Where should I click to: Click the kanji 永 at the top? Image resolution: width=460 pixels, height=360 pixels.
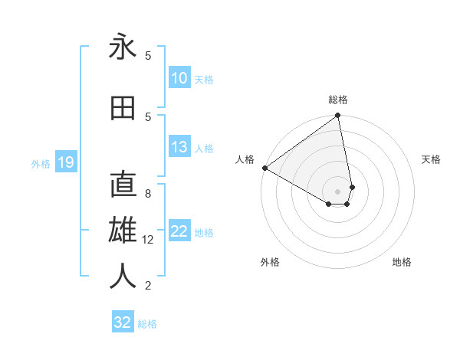pyautogui.click(x=123, y=47)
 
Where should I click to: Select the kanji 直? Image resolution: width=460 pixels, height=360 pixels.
pyautogui.click(x=123, y=185)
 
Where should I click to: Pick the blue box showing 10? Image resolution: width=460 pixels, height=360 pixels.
pyautogui.click(x=179, y=78)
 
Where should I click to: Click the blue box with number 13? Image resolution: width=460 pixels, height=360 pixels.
pyautogui.click(x=179, y=147)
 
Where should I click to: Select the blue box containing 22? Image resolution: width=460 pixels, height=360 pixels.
pyautogui.click(x=179, y=231)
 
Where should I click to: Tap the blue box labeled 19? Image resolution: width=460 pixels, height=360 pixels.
pyautogui.click(x=65, y=162)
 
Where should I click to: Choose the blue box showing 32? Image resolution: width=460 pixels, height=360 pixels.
pyautogui.click(x=123, y=322)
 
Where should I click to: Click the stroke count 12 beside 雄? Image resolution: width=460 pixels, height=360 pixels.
pyautogui.click(x=148, y=240)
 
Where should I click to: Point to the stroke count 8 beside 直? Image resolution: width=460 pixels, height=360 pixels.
pyautogui.click(x=148, y=194)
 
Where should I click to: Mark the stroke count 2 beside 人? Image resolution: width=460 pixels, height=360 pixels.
pyautogui.click(x=148, y=286)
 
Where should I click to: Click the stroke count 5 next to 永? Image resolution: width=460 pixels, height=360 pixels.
pyautogui.click(x=148, y=55)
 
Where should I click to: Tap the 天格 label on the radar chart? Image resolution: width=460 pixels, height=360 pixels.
pyautogui.click(x=432, y=159)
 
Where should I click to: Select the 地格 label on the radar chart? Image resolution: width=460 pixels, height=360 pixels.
pyautogui.click(x=402, y=262)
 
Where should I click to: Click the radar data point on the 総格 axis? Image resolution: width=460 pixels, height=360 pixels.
pyautogui.click(x=337, y=116)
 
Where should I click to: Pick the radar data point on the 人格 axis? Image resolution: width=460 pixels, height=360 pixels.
pyautogui.click(x=264, y=168)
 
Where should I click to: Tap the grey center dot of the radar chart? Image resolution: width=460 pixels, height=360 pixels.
pyautogui.click(x=337, y=191)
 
